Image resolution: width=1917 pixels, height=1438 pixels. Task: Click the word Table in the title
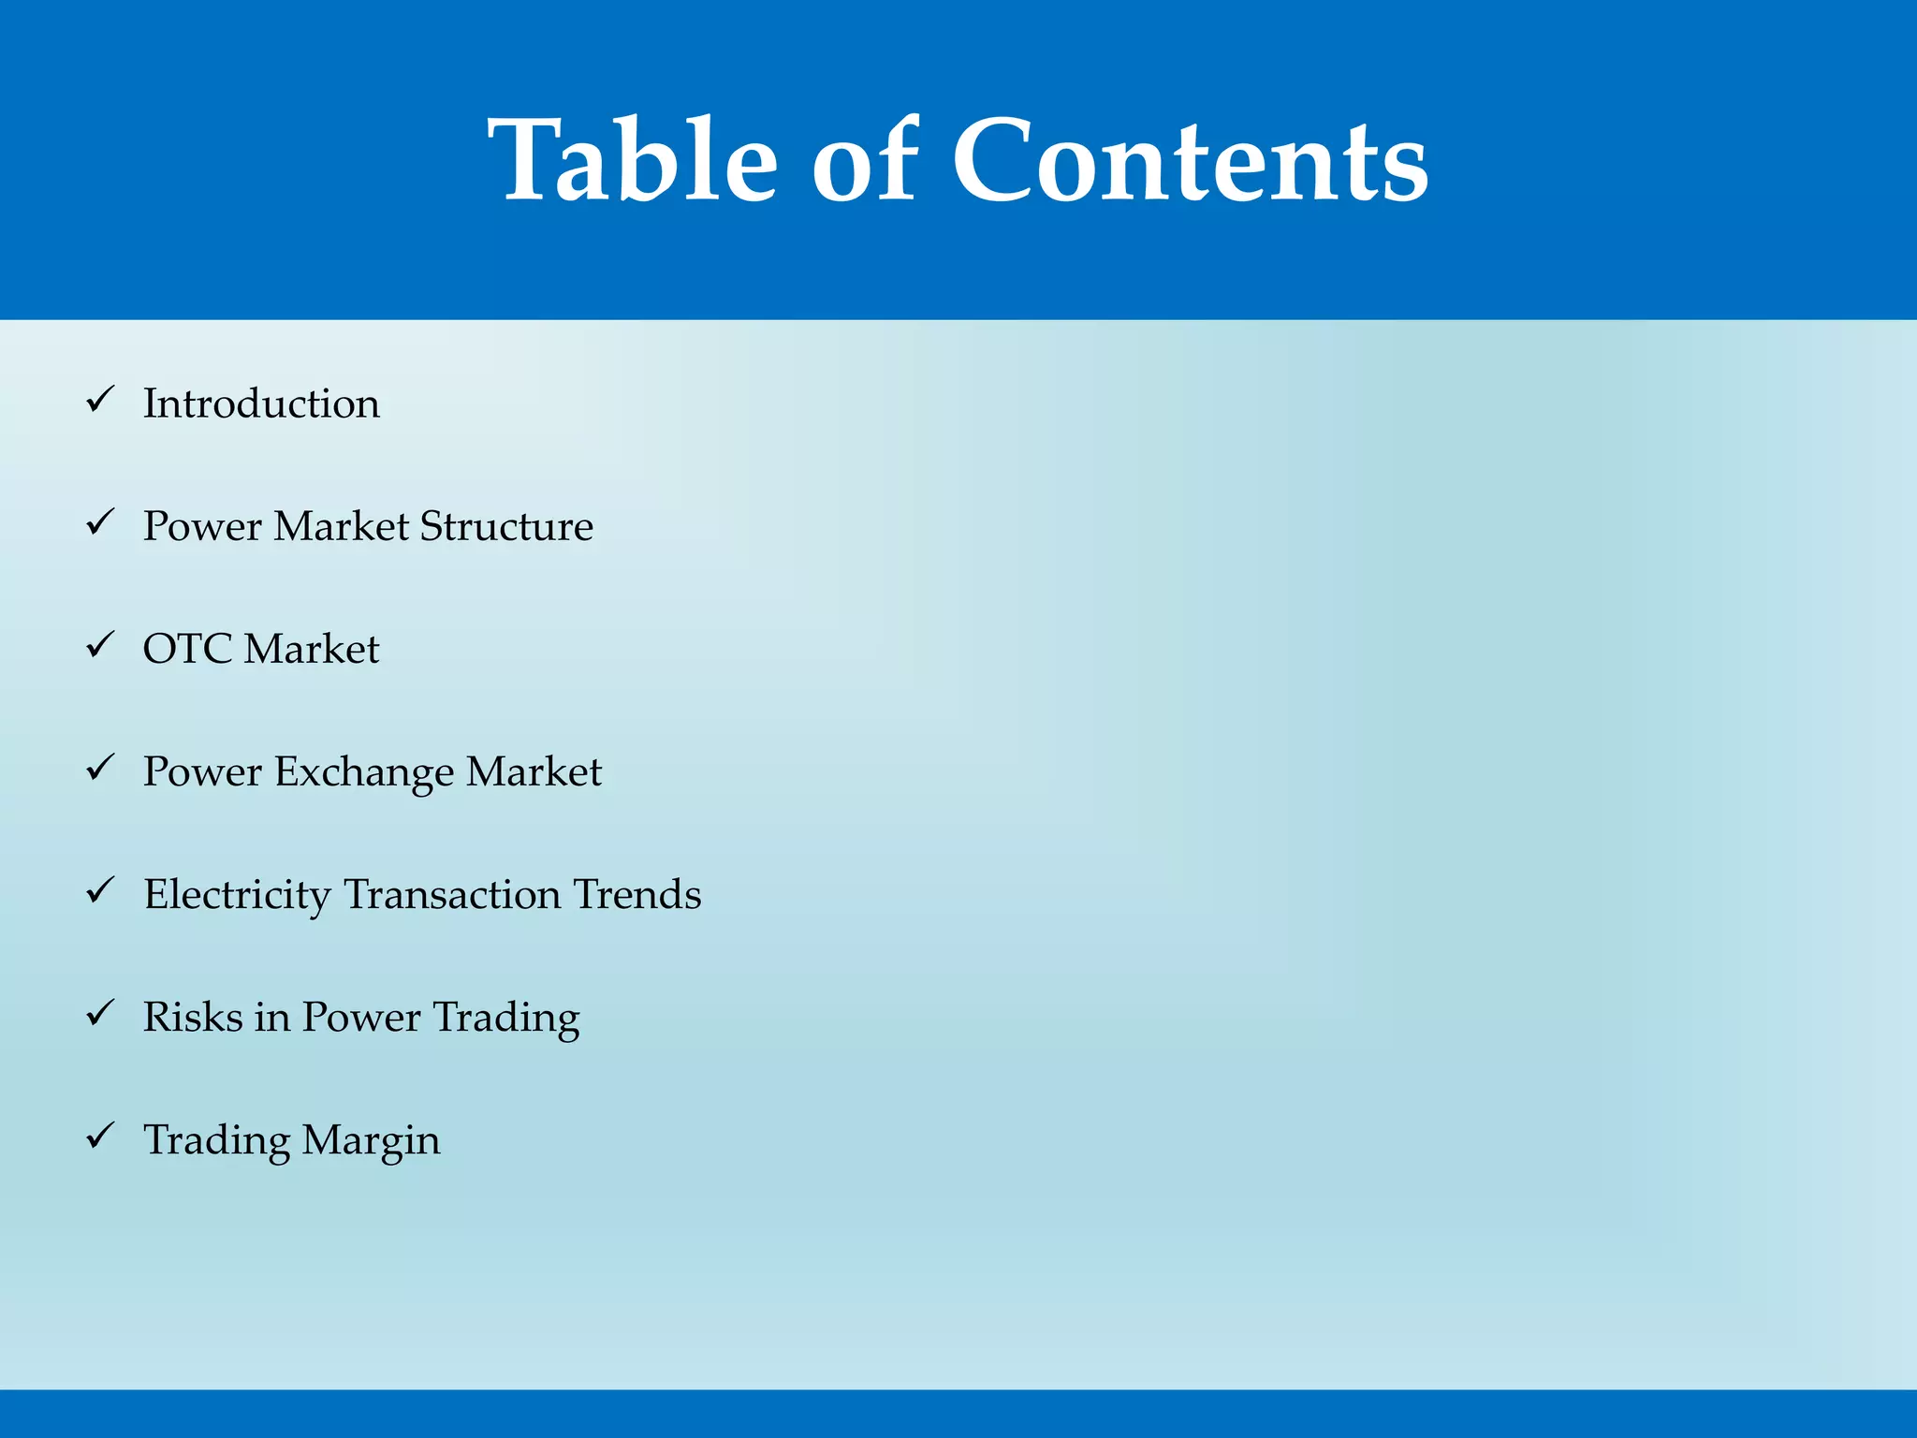(x=633, y=159)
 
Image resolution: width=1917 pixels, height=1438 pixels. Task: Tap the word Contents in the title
(x=1190, y=159)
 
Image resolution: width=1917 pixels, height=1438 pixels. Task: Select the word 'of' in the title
(x=864, y=159)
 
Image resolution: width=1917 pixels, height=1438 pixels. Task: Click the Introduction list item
(x=261, y=404)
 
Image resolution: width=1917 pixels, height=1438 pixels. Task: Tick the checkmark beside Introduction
(x=100, y=400)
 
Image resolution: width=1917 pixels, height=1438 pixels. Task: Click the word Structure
(x=506, y=526)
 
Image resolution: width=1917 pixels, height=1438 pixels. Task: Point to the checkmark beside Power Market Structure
(x=100, y=522)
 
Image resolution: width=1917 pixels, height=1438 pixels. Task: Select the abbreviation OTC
(x=187, y=649)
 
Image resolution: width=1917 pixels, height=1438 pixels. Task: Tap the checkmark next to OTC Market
(x=100, y=645)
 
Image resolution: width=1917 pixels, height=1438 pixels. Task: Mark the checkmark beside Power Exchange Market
(x=100, y=768)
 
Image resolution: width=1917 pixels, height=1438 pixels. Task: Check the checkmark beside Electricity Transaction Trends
(x=100, y=890)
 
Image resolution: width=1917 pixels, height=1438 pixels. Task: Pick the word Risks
(x=192, y=1017)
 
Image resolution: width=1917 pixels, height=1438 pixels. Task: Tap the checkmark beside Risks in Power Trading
(x=100, y=1013)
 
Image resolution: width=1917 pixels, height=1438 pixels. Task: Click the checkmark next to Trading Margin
(x=100, y=1136)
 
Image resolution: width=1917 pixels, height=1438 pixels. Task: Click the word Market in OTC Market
(x=312, y=649)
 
